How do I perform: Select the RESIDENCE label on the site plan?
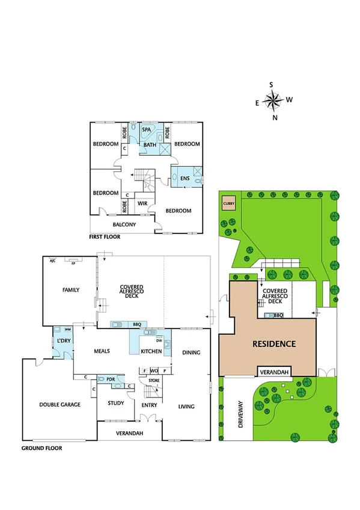coord(273,344)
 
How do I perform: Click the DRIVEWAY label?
coord(240,414)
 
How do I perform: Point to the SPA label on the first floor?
coord(146,129)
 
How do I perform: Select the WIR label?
coord(142,204)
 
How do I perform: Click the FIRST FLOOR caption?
coord(105,237)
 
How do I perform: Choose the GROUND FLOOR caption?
coord(41,448)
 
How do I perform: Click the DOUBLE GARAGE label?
coord(60,405)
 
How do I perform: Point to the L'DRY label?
coord(64,342)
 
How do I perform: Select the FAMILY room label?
coord(71,290)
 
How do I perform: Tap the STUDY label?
coord(117,404)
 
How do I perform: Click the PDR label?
coord(111,379)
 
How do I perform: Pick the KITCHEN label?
coord(150,351)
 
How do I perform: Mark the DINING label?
coord(191,352)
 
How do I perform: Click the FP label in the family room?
coord(73,263)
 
